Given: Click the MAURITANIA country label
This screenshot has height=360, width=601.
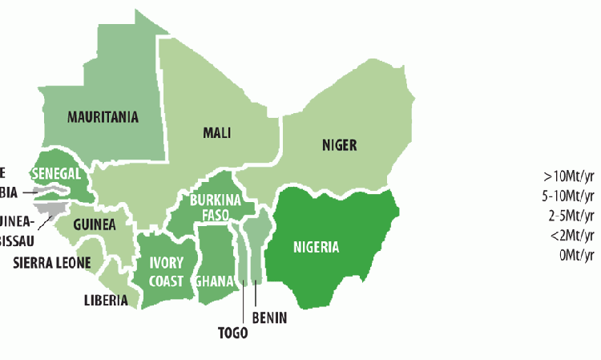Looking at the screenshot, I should [103, 117].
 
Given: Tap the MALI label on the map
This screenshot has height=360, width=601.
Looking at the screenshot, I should [217, 133].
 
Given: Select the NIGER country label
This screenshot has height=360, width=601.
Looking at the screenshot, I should [339, 145].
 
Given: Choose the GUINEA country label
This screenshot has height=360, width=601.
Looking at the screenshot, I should [94, 224].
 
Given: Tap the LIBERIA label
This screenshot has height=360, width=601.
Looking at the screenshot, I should [105, 301].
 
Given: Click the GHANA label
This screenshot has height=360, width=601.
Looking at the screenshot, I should [216, 281].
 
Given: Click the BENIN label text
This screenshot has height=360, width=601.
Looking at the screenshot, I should [269, 318].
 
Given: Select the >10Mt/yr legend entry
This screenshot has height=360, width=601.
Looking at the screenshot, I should [569, 176].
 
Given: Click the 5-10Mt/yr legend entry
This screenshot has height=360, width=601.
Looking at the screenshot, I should [568, 196].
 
